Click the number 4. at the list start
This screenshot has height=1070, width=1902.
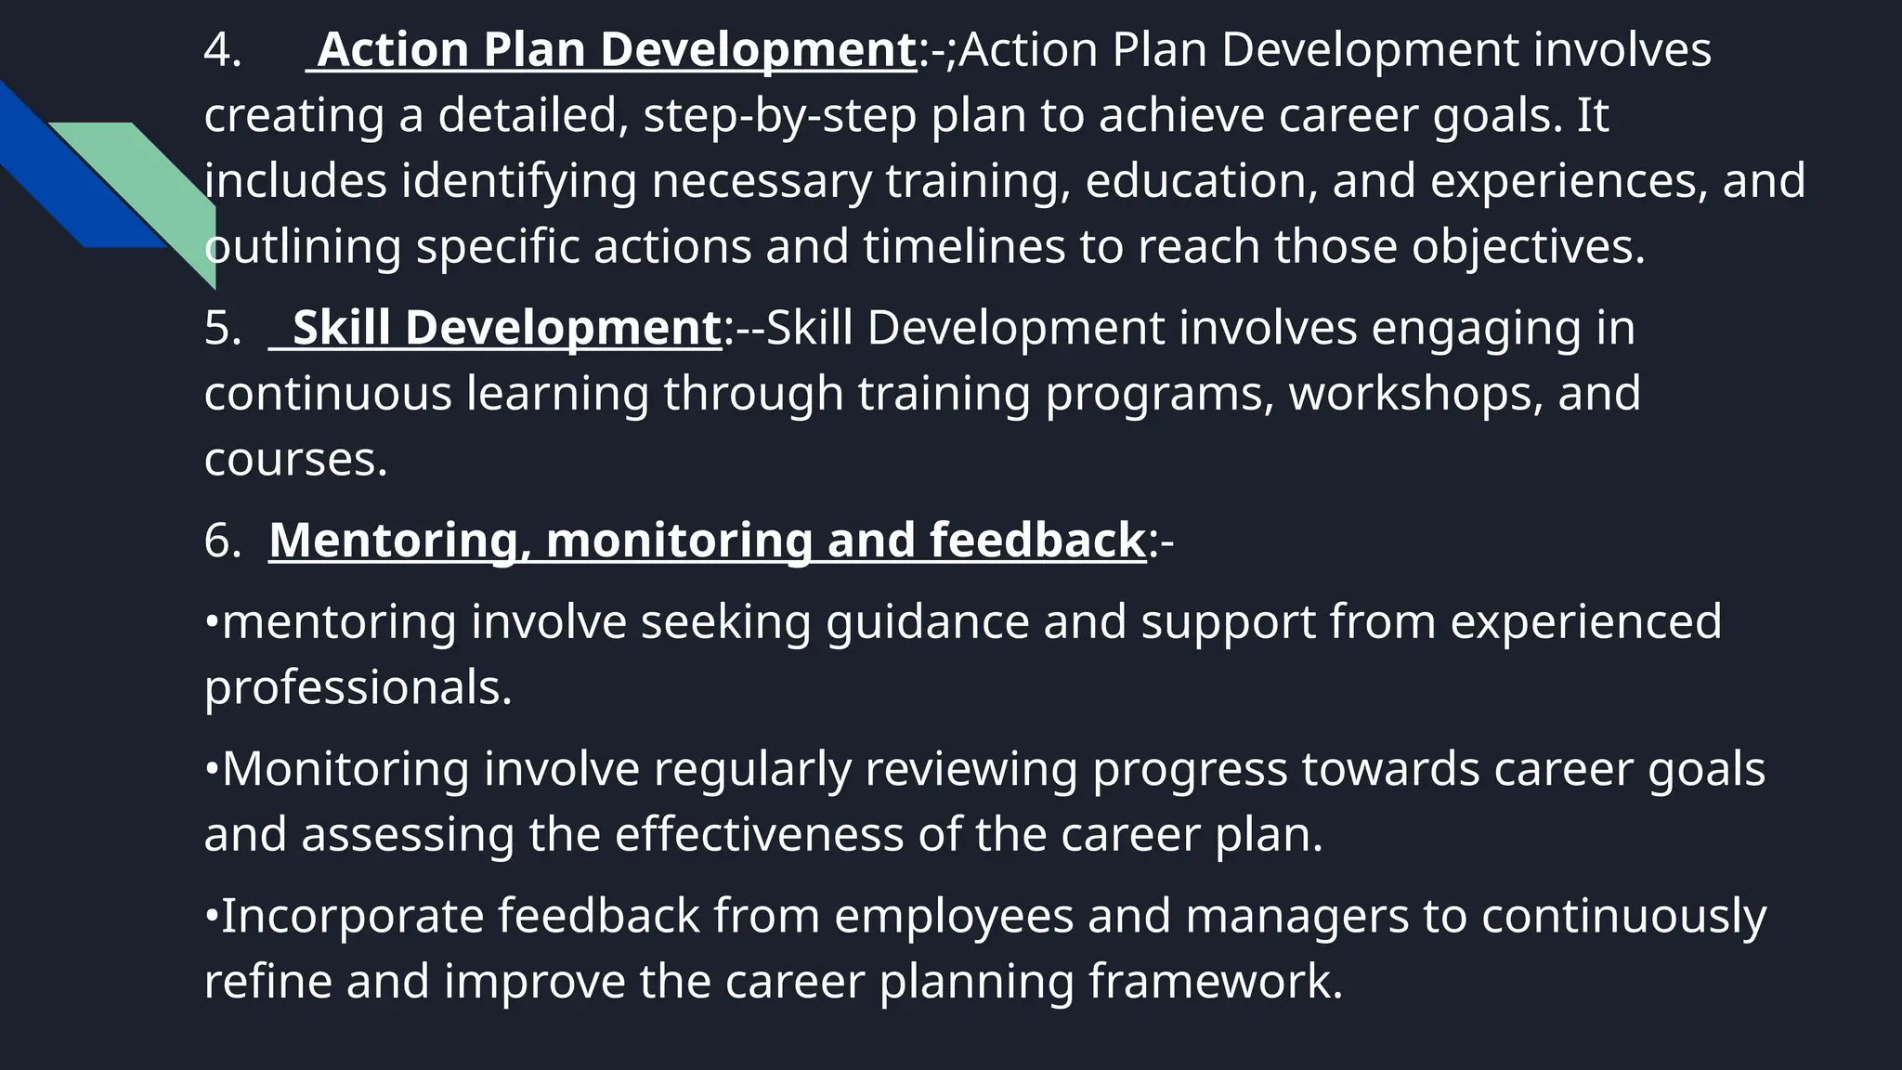pyautogui.click(x=222, y=50)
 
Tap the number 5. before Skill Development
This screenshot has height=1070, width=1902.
pyautogui.click(x=223, y=329)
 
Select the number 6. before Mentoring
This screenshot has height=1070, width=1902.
pyautogui.click(x=223, y=541)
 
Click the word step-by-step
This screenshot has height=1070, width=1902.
pyautogui.click(x=779, y=116)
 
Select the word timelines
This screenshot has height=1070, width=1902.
pyautogui.click(x=963, y=247)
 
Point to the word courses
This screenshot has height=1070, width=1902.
pyautogui.click(x=294, y=460)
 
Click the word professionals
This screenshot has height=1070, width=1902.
pyautogui.click(x=358, y=687)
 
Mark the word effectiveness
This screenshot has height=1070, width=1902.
pyautogui.click(x=759, y=834)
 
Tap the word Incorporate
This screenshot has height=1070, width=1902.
pyautogui.click(x=352, y=916)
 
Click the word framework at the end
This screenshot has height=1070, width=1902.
pyautogui.click(x=1215, y=982)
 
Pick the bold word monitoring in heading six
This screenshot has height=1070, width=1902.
pyautogui.click(x=679, y=541)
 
